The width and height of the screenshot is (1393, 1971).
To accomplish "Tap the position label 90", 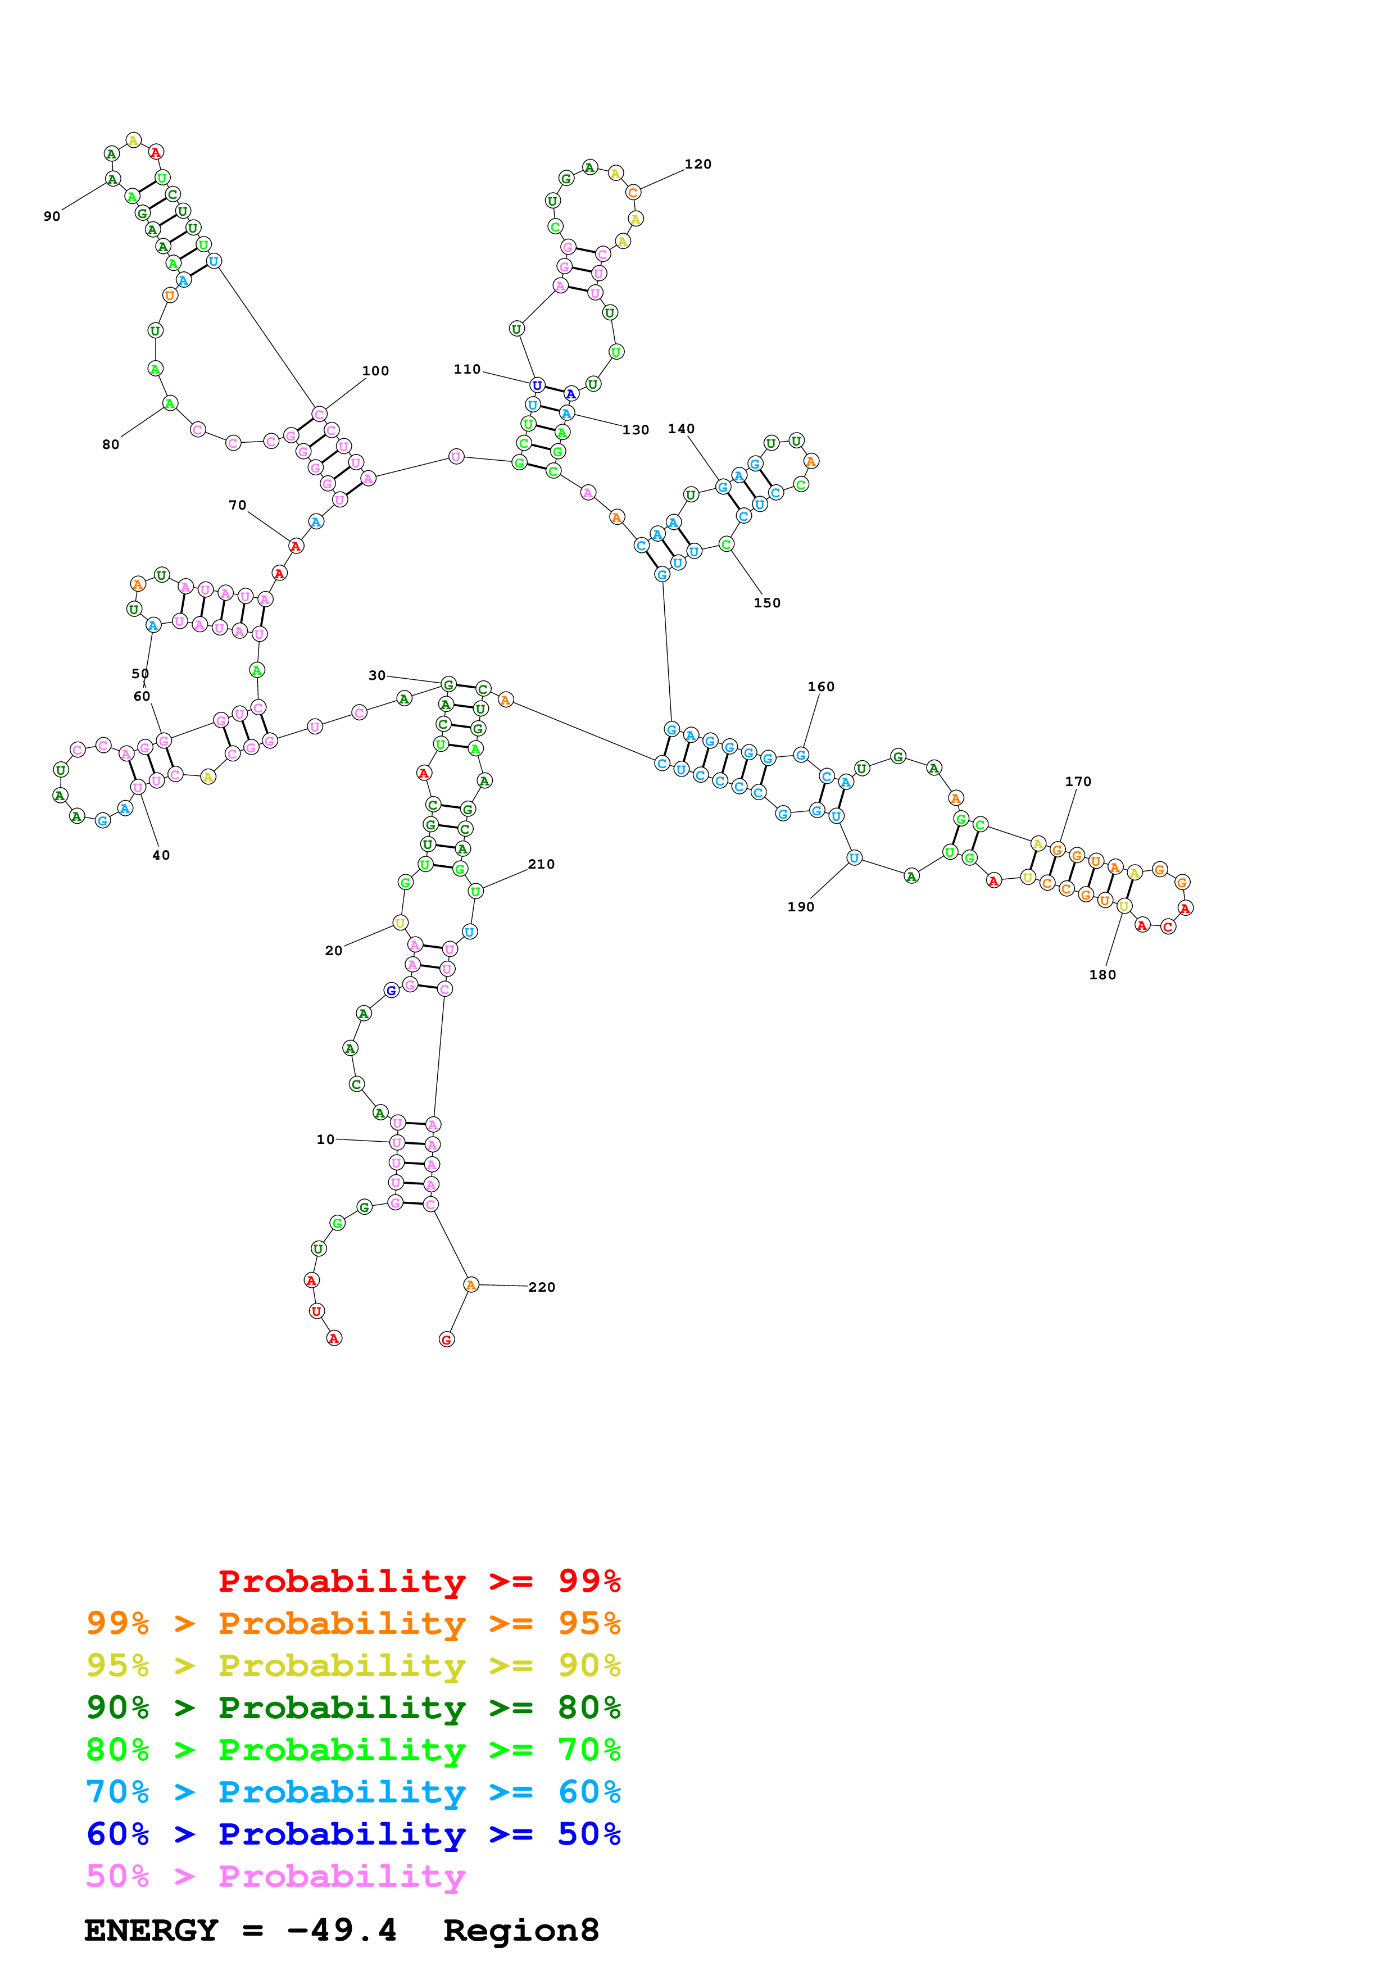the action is [x=52, y=216].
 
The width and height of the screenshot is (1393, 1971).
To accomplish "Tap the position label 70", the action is [x=238, y=506].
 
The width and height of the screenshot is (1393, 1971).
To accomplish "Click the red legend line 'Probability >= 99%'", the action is [x=419, y=1581].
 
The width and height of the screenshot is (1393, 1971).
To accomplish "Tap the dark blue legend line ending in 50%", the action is [x=353, y=1834].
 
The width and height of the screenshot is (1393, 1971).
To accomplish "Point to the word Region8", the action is [x=520, y=1931].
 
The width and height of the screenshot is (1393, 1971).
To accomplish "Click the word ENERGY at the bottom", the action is [x=151, y=1931].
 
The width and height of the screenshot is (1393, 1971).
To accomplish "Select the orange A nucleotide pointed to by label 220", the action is [x=470, y=1284].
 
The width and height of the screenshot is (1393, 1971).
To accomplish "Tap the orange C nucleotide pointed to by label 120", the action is [x=633, y=192].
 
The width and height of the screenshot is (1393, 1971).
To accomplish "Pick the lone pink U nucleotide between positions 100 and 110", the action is [x=456, y=457].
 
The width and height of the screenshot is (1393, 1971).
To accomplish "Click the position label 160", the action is [x=820, y=687].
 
